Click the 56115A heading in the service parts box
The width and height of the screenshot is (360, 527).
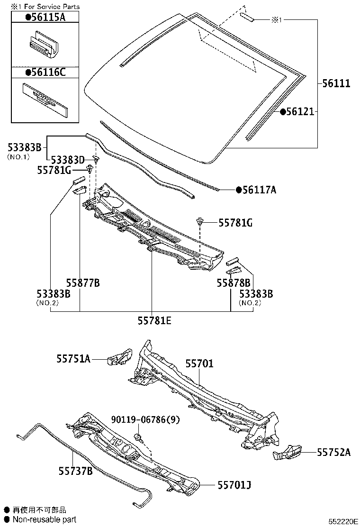[x=45, y=18]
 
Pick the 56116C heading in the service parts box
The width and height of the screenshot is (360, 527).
[x=45, y=72]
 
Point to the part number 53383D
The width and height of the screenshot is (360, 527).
[x=67, y=159]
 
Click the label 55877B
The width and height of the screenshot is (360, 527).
[x=83, y=283]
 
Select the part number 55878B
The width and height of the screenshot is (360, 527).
[x=234, y=283]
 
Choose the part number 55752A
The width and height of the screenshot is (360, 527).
[x=334, y=452]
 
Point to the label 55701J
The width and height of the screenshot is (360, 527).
[x=234, y=485]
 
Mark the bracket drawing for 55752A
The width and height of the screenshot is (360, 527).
[x=288, y=453]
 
